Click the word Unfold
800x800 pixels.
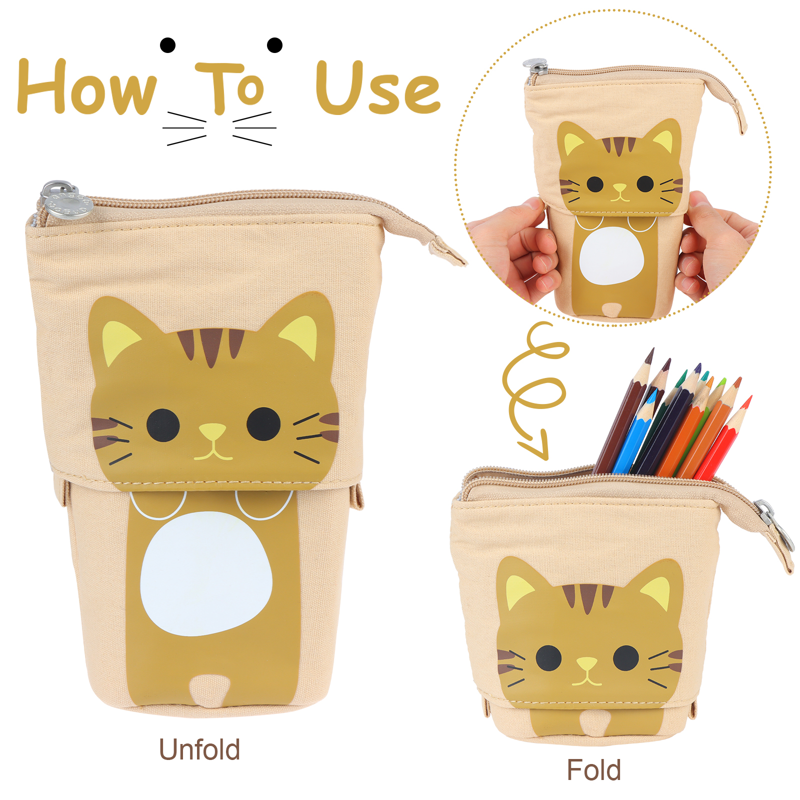(199, 749)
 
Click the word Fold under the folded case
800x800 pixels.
(593, 770)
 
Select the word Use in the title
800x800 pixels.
(378, 88)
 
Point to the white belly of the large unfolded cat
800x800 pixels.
(206, 573)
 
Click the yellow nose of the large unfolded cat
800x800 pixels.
(212, 431)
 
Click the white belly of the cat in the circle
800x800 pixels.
(611, 255)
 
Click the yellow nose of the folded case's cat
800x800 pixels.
(587, 664)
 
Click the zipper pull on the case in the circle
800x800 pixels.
(536, 67)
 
